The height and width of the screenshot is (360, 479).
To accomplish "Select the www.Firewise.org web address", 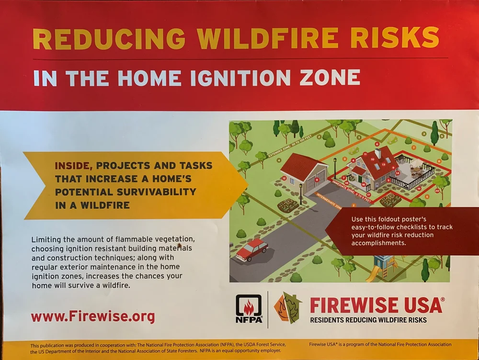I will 93,316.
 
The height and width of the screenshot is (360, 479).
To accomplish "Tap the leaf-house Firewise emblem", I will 288,307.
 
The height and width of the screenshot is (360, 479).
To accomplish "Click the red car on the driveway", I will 252,249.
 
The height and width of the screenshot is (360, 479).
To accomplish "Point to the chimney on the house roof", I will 378,153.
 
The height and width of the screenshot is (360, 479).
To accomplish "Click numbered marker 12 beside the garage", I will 284,178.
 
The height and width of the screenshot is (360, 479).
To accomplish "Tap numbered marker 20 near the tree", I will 437,191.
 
